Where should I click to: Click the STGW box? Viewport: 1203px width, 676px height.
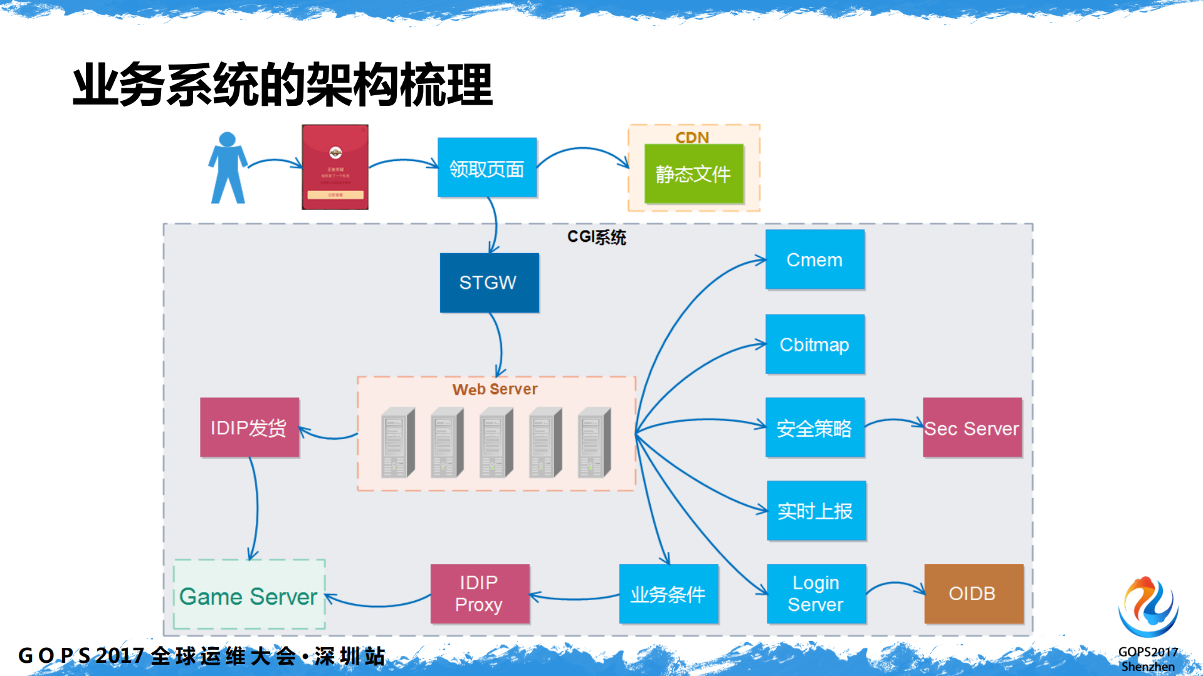point(489,283)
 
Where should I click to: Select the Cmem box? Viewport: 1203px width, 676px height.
point(814,259)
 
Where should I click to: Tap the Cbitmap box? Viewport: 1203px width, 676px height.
point(814,345)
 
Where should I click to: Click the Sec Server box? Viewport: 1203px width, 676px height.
point(972,428)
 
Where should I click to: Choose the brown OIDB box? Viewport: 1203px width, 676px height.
point(973,593)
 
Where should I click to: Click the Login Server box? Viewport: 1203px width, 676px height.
point(816,593)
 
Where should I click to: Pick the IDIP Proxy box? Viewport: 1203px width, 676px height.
point(480,593)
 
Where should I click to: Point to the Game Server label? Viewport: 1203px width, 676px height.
point(248,596)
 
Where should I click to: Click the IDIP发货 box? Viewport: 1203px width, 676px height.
point(249,428)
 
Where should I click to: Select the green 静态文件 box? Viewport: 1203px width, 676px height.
point(693,174)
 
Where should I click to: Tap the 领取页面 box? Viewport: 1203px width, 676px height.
point(486,168)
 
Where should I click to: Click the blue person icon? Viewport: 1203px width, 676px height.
point(227,168)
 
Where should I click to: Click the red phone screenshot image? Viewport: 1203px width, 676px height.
point(335,167)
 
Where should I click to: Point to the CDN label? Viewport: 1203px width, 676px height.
point(692,137)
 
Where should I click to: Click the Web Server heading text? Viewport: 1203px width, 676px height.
point(495,389)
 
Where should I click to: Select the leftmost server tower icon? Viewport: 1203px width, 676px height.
point(397,443)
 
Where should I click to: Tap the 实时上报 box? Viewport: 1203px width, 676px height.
point(816,511)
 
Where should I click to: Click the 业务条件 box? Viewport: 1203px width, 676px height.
point(668,594)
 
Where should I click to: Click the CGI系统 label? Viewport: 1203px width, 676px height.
point(596,237)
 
